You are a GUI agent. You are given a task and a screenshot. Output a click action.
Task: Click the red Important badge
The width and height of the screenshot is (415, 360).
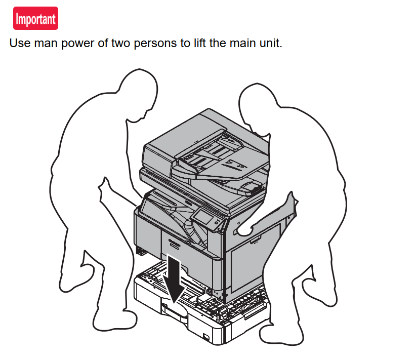coord(35,18)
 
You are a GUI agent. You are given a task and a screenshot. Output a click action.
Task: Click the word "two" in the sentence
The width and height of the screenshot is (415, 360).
coord(120,43)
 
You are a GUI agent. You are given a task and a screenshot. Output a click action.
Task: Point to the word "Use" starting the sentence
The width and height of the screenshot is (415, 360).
coord(20,43)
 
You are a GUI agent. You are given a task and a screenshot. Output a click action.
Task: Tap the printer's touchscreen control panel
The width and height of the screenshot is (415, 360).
coord(203,217)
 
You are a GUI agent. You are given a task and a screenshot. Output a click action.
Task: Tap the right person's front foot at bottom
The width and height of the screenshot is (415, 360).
coord(281,334)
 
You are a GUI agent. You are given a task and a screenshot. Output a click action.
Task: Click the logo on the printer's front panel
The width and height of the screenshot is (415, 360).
coord(174,241)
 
